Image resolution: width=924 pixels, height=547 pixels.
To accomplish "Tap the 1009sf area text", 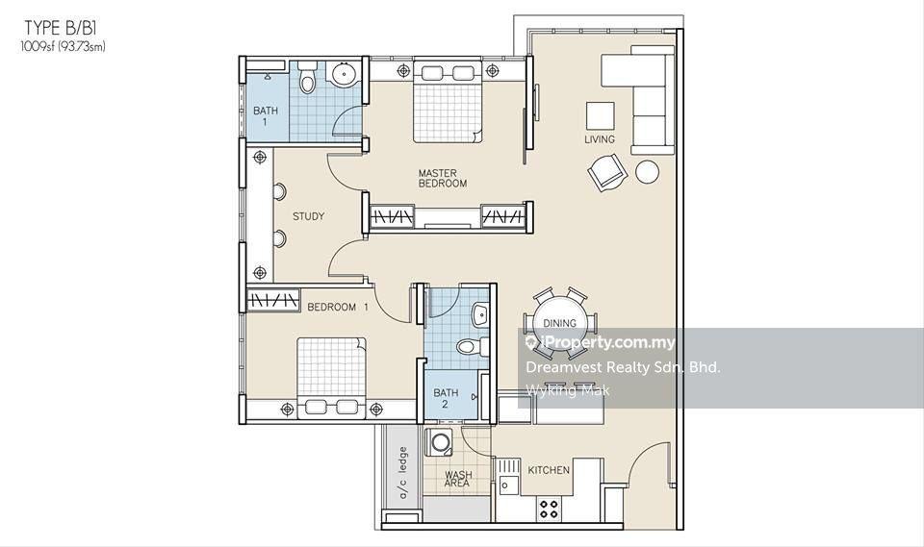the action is (x=64, y=47).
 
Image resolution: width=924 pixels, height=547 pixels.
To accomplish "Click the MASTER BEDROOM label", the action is (x=442, y=179).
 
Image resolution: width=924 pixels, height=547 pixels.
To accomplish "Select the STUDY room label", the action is (x=308, y=216).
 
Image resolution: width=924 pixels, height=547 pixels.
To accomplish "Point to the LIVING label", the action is (x=600, y=139).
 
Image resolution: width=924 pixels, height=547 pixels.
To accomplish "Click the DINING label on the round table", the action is (x=559, y=323).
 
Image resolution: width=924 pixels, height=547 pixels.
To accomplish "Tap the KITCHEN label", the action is (x=549, y=470).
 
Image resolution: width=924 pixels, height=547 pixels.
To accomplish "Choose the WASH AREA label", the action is (x=458, y=479).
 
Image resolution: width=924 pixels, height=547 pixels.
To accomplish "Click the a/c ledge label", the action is (x=403, y=473).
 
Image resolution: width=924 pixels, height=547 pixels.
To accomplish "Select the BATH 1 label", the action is (x=266, y=116).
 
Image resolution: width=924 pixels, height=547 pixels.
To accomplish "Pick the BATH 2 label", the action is (x=446, y=398).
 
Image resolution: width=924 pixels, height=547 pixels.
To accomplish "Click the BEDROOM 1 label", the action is (x=338, y=307).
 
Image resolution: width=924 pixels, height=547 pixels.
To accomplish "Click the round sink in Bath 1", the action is (x=344, y=74).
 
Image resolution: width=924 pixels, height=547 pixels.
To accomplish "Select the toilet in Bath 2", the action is (x=473, y=346).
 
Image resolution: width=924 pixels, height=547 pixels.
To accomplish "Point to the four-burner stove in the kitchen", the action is (x=549, y=509).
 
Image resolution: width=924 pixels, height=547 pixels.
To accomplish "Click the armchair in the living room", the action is (x=605, y=172).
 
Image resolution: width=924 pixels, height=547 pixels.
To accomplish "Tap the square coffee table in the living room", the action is (x=600, y=116).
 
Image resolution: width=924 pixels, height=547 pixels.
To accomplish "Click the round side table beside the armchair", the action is (x=648, y=172).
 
